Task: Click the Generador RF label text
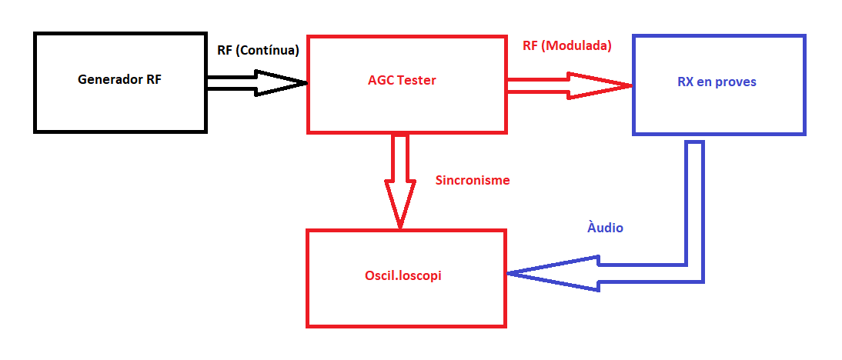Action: pyautogui.click(x=120, y=79)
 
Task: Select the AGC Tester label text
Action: pyautogui.click(x=403, y=81)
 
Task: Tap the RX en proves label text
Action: pyautogui.click(x=717, y=82)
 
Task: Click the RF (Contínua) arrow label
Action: pyautogui.click(x=258, y=51)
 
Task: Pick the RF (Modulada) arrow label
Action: pyautogui.click(x=567, y=46)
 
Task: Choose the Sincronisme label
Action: pyautogui.click(x=473, y=180)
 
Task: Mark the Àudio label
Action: pyautogui.click(x=605, y=228)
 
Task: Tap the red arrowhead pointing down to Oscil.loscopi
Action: pyautogui.click(x=400, y=205)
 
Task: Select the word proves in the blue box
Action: pyautogui.click(x=735, y=83)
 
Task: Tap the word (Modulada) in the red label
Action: pyautogui.click(x=576, y=46)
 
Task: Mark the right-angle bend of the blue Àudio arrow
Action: pyautogui.click(x=695, y=274)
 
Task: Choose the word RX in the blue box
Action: pyautogui.click(x=686, y=82)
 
